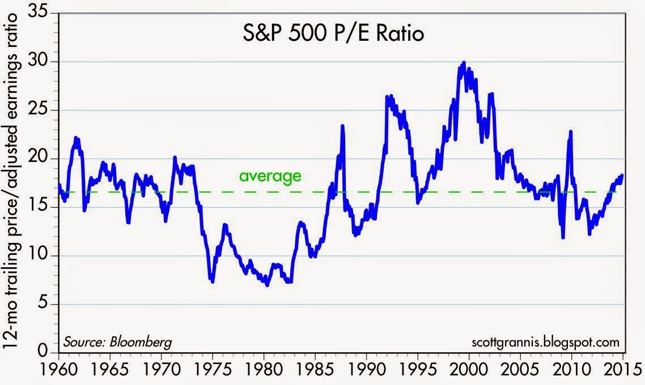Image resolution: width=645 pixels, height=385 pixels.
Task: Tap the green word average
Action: [269, 176]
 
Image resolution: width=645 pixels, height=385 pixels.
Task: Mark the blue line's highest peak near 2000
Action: [464, 62]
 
